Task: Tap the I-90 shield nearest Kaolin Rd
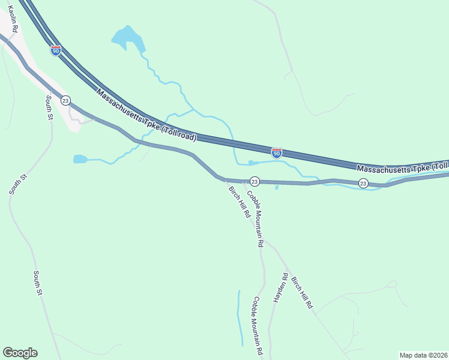pos(55,50)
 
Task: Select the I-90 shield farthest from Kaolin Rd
pos(276,153)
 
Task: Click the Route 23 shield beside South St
pos(65,100)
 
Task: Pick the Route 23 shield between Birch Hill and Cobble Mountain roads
pos(254,181)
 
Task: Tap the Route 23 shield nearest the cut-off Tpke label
pos(363,183)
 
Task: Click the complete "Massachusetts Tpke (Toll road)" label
pos(146,116)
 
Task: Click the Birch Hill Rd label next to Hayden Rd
pos(302,292)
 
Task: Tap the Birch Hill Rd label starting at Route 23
pos(239,202)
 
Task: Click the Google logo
pos(20,353)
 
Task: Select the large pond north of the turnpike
pos(128,40)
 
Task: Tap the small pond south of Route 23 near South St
pos(80,159)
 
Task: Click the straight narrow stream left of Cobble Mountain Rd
pos(240,318)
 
